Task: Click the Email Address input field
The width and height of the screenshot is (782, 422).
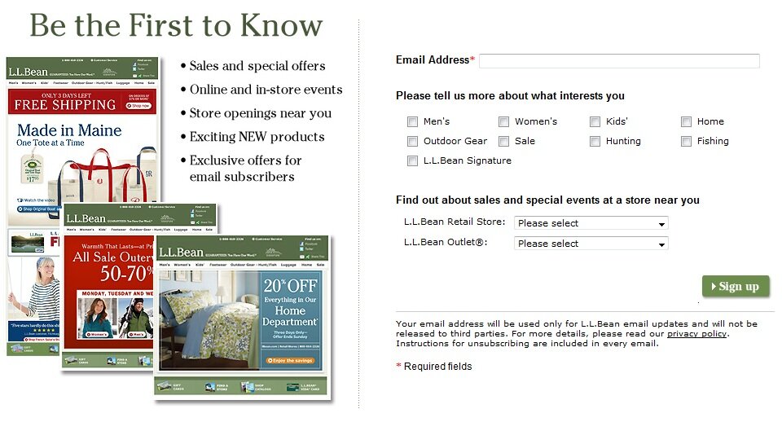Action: pos(619,61)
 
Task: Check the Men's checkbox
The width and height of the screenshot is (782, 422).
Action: pos(412,122)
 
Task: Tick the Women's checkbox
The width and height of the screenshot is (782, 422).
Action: pos(504,122)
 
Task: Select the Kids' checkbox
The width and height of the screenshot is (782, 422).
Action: pos(595,122)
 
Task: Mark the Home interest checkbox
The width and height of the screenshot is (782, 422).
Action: pos(687,122)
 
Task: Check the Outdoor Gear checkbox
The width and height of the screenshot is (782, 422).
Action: pos(412,142)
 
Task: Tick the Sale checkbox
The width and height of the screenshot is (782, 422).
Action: pos(504,142)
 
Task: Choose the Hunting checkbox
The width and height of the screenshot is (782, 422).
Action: pos(595,142)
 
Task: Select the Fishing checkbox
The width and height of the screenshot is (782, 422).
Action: pos(687,142)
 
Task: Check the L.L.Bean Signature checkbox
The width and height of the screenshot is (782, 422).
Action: pos(412,161)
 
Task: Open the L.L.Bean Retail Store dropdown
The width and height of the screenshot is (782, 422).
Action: pos(591,223)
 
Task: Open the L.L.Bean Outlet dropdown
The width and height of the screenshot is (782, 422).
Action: pos(591,244)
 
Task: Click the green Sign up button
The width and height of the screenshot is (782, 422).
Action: pos(735,287)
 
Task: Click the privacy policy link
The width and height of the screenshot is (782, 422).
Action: pos(696,334)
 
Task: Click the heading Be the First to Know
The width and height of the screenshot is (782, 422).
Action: pos(176,25)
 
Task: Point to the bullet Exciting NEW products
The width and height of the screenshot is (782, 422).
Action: pos(257,137)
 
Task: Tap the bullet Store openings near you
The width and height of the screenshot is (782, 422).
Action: pos(260,113)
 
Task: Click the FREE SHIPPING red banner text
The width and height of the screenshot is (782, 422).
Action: pos(65,104)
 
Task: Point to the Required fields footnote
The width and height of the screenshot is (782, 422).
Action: pos(437,367)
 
